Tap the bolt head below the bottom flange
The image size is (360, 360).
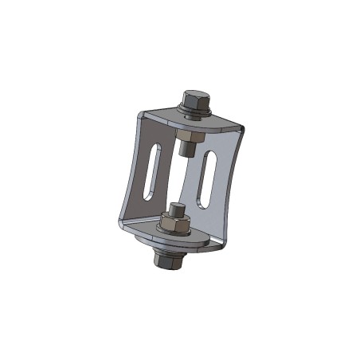tap(170, 262)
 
